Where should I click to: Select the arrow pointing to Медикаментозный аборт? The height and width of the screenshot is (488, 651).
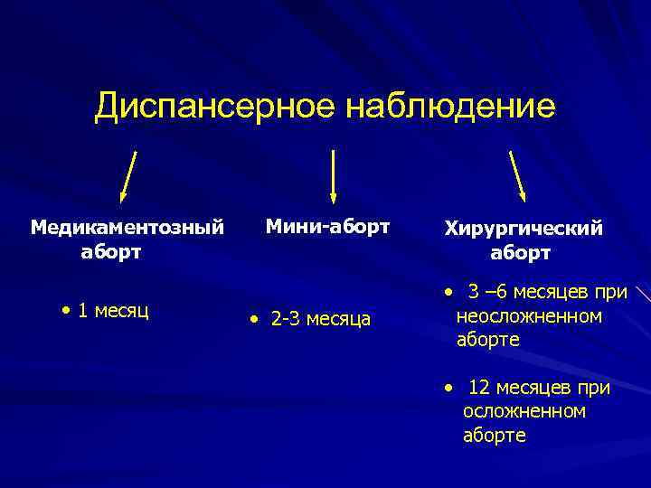point(128,175)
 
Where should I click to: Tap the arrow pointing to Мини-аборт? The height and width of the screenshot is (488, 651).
point(334,175)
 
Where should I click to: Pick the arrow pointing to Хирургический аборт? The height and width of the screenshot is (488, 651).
point(518,175)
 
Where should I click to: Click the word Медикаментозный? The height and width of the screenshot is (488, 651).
point(127,226)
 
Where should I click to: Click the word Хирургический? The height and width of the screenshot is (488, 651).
point(524,229)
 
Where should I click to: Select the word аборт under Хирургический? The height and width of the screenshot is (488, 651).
point(520,253)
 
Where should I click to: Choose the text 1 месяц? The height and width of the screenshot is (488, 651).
point(114,312)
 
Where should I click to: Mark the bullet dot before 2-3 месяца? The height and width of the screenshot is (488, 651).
point(256,320)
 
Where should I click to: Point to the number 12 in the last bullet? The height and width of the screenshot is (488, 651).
point(479,388)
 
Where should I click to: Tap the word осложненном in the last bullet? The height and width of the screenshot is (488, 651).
point(524,411)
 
